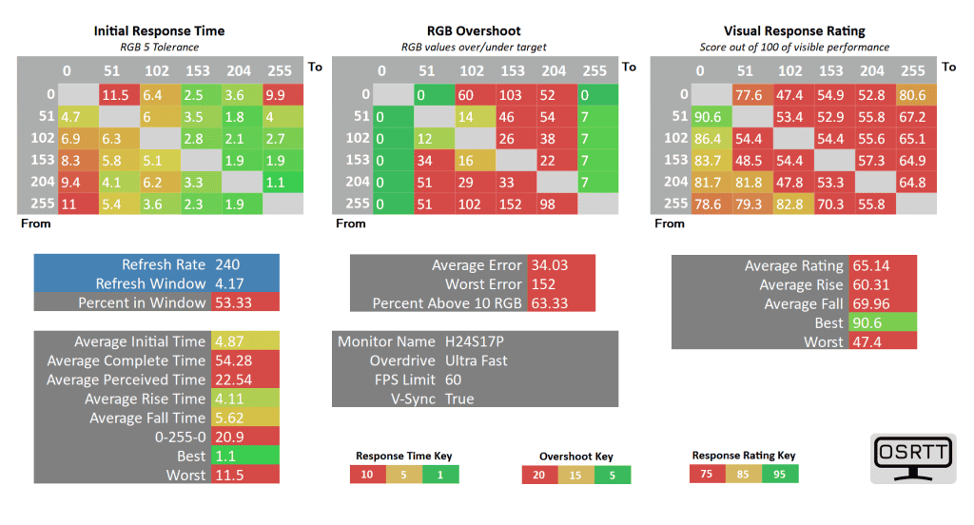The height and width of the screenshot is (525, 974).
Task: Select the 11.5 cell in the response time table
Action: (116, 94)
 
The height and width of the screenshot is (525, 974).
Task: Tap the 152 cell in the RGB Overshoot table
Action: (514, 203)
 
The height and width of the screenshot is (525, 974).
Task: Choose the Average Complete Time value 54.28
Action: (234, 360)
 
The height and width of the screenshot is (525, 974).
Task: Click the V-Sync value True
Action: (459, 399)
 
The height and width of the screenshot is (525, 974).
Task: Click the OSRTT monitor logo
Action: (912, 459)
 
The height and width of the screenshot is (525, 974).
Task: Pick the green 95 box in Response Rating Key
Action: (780, 474)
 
